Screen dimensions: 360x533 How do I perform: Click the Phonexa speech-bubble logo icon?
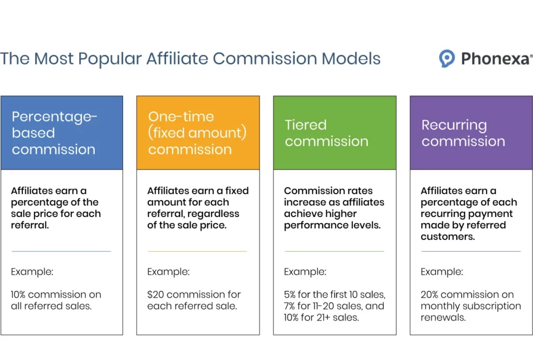[x=447, y=59]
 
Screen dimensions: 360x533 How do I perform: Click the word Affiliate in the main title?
[x=177, y=58]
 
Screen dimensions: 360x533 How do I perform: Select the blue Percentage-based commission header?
[x=62, y=133]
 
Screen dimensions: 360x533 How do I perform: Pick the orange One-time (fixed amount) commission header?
[x=198, y=133]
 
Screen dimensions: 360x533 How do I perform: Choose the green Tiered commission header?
[x=334, y=133]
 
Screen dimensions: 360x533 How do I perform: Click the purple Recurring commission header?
[x=471, y=133]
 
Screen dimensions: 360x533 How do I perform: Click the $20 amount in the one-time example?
[x=156, y=294]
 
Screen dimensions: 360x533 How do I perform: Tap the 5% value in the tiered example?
[x=291, y=294]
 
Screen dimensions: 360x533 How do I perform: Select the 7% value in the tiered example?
[x=291, y=306]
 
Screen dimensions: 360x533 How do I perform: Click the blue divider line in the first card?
[x=61, y=251]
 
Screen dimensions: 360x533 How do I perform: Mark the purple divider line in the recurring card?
[x=471, y=251]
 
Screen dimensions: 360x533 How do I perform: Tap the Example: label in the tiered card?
[x=305, y=272]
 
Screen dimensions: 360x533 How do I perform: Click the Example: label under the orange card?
[x=168, y=272]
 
